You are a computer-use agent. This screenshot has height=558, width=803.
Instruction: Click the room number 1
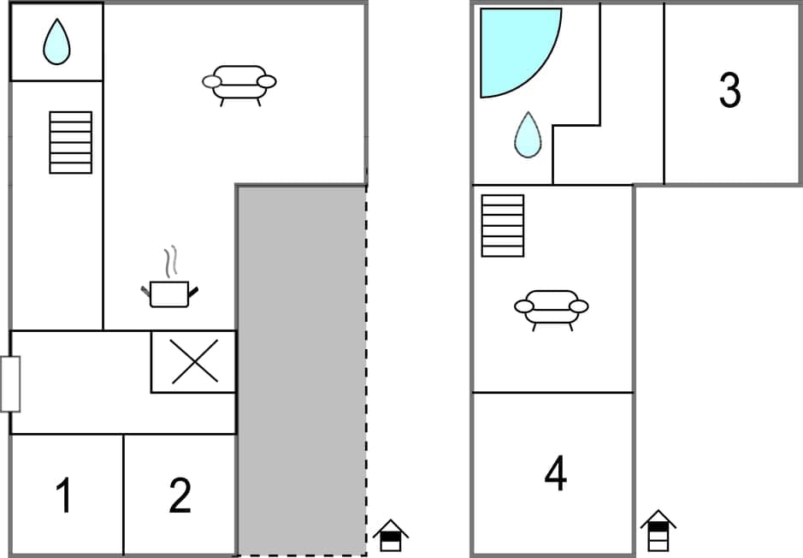coord(62,496)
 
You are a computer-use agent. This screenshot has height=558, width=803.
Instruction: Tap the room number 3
coord(729,91)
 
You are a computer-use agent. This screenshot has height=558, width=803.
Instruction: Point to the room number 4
coord(556,473)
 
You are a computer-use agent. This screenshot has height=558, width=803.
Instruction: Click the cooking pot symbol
coord(169,293)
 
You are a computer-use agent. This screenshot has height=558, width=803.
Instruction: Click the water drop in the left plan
coord(56,42)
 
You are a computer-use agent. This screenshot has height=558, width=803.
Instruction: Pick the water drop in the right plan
coord(528,135)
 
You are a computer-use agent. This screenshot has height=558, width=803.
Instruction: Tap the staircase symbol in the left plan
coord(70,142)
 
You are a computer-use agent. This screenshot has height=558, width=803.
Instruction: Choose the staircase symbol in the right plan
coord(503,225)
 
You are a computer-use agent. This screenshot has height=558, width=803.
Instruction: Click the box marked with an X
coord(194,361)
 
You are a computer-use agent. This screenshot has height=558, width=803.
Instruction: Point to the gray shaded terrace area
coord(301,368)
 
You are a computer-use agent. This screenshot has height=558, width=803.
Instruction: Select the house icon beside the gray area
coord(390,536)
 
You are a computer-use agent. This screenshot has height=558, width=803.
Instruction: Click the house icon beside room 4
coord(658,531)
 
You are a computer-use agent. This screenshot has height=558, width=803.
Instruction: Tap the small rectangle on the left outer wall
coord(10,384)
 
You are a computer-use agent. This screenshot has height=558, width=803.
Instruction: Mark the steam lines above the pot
coord(172,262)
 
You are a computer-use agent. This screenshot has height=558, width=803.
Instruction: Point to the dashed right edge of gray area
coord(367,368)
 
